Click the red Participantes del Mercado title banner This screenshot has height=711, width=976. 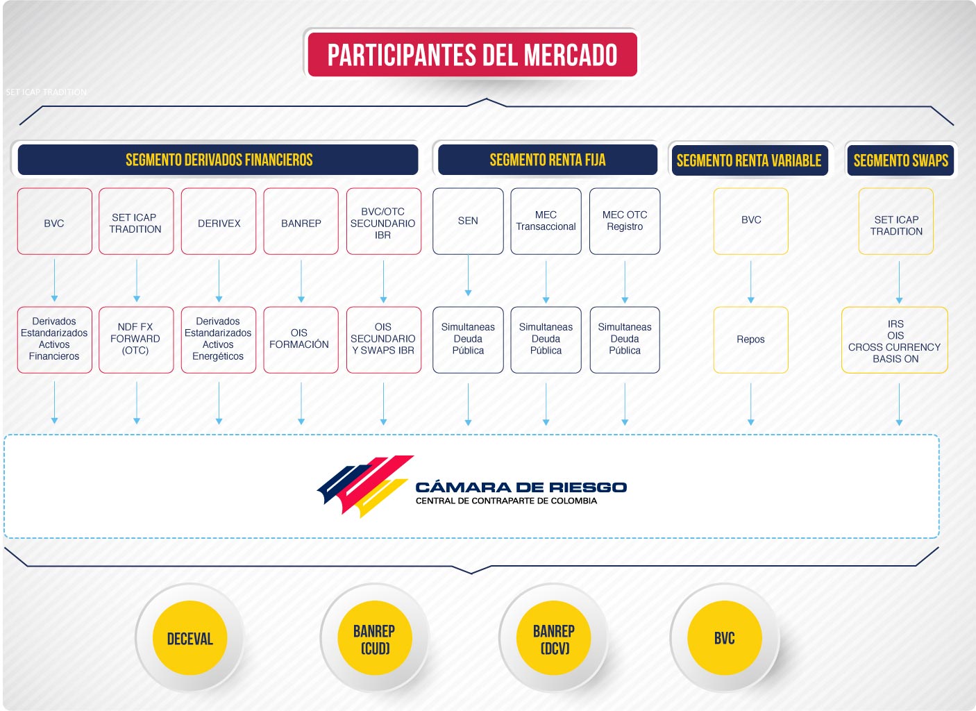(x=472, y=54)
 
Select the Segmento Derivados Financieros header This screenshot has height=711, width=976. (x=218, y=160)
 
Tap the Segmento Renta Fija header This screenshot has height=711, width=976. (x=548, y=160)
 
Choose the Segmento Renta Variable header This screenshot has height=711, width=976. (x=750, y=160)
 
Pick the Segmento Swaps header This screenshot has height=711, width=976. (x=900, y=160)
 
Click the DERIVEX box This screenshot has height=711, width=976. (x=219, y=221)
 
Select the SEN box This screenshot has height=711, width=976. (x=468, y=221)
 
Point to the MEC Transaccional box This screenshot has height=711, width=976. (x=546, y=221)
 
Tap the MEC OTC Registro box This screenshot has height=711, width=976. (x=625, y=221)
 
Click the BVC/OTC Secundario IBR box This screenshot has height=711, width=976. (x=384, y=221)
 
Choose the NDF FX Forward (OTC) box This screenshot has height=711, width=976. (x=136, y=340)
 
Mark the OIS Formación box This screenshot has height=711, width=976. (x=301, y=340)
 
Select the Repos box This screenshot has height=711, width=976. (x=750, y=340)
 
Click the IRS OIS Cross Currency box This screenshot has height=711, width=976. (x=895, y=340)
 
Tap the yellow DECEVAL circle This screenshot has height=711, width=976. (x=190, y=638)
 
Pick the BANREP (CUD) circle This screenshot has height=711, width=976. (x=375, y=638)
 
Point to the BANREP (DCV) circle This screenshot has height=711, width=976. (x=554, y=638)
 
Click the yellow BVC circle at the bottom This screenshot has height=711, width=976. (x=725, y=638)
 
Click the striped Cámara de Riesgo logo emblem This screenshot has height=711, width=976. (x=365, y=486)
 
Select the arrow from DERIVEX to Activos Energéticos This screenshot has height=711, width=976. (x=219, y=281)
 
